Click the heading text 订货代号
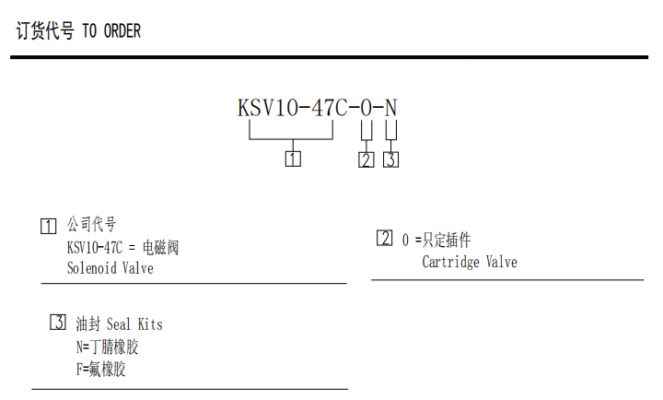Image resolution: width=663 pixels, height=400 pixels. click(x=45, y=31)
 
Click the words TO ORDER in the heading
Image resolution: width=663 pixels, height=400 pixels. click(x=112, y=31)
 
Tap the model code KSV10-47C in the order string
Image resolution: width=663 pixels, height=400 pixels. click(x=292, y=108)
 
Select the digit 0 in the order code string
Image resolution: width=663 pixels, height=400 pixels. click(x=366, y=108)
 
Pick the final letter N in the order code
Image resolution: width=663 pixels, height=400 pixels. click(x=391, y=108)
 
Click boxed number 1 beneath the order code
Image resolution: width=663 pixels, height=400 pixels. click(x=293, y=159)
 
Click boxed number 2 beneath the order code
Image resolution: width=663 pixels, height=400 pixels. click(x=366, y=159)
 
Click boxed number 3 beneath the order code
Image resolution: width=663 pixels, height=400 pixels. click(x=391, y=159)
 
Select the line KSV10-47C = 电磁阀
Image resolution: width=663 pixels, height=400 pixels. click(x=122, y=247)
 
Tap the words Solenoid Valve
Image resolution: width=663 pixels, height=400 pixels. click(x=110, y=269)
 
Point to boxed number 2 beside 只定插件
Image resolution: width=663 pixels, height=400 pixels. click(x=384, y=239)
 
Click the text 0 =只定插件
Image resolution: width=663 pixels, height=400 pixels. click(x=436, y=241)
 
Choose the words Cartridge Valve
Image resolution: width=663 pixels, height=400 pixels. click(x=470, y=263)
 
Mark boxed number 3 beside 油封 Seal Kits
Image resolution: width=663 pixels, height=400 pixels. click(x=57, y=323)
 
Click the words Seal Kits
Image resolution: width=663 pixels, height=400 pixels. click(x=134, y=324)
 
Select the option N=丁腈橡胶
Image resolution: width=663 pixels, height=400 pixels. click(x=108, y=347)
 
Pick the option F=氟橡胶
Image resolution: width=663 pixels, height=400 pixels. click(x=100, y=371)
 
